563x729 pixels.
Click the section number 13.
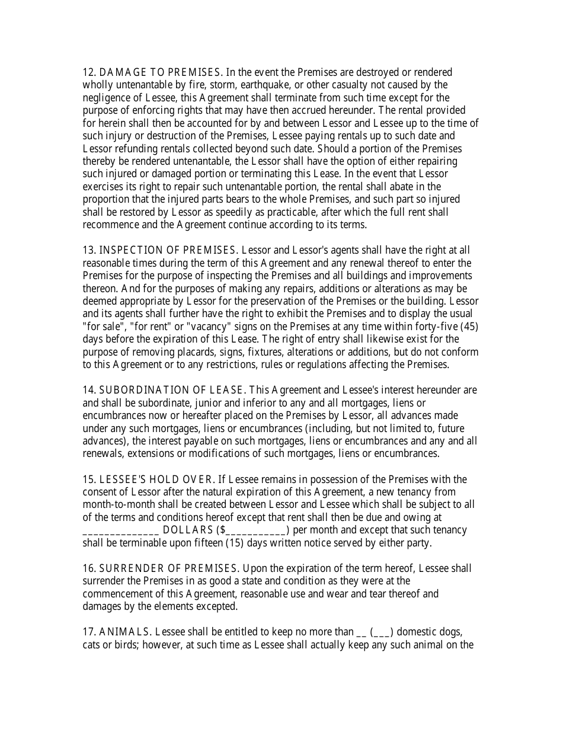pos(88,251)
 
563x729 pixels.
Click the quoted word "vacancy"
pos(212,327)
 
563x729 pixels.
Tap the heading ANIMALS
pos(124,632)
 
